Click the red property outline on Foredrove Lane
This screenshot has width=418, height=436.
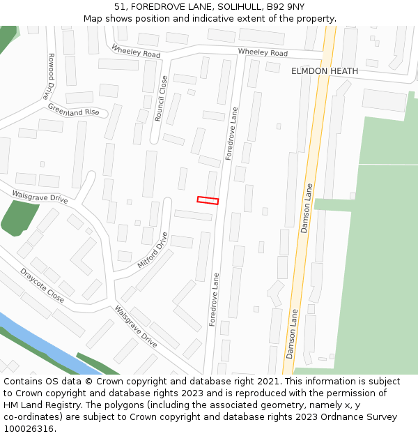pos(208,201)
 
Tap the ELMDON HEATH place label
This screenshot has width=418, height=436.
pos(325,71)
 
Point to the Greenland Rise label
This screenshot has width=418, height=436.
pos(73,110)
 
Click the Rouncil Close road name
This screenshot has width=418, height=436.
pos(161,98)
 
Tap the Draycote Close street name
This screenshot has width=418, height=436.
pos(42,285)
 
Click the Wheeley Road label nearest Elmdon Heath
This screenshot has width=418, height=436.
pos(262,53)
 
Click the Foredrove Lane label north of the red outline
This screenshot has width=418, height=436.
pos(232,133)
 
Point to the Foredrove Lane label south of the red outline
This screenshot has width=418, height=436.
pos(215,299)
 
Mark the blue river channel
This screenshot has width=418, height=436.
pos(42,342)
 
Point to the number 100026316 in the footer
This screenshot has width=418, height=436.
pos(29,429)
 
